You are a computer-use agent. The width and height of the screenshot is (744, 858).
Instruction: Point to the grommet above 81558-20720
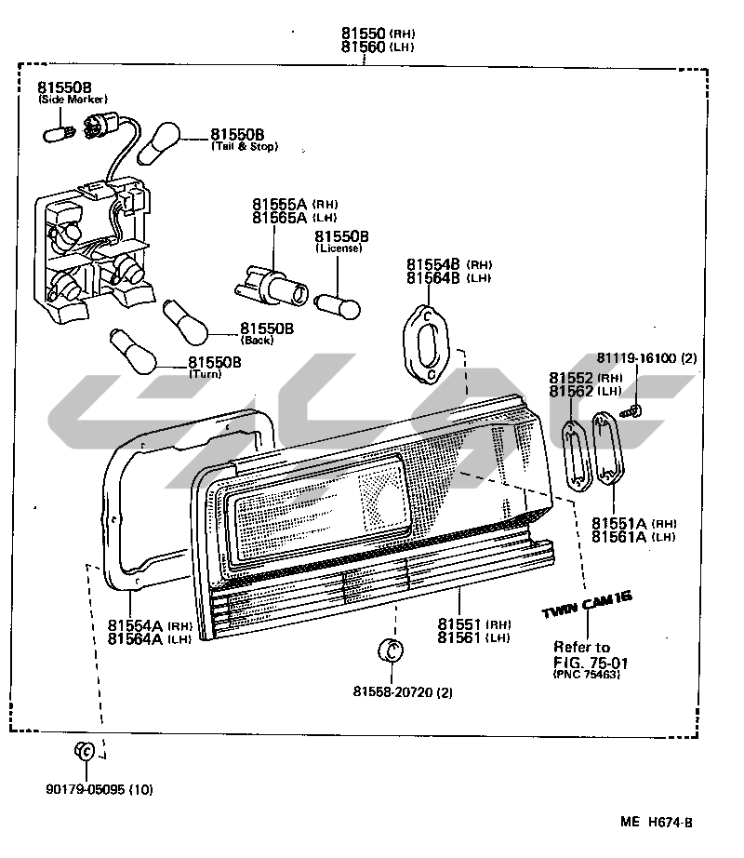[x=392, y=650]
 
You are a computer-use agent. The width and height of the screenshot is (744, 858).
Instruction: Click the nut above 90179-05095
[x=84, y=752]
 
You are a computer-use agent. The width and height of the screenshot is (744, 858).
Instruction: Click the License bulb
[x=335, y=303]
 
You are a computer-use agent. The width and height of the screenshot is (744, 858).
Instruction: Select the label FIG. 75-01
[x=591, y=663]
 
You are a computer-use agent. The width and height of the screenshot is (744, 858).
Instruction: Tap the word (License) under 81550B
[x=339, y=248]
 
